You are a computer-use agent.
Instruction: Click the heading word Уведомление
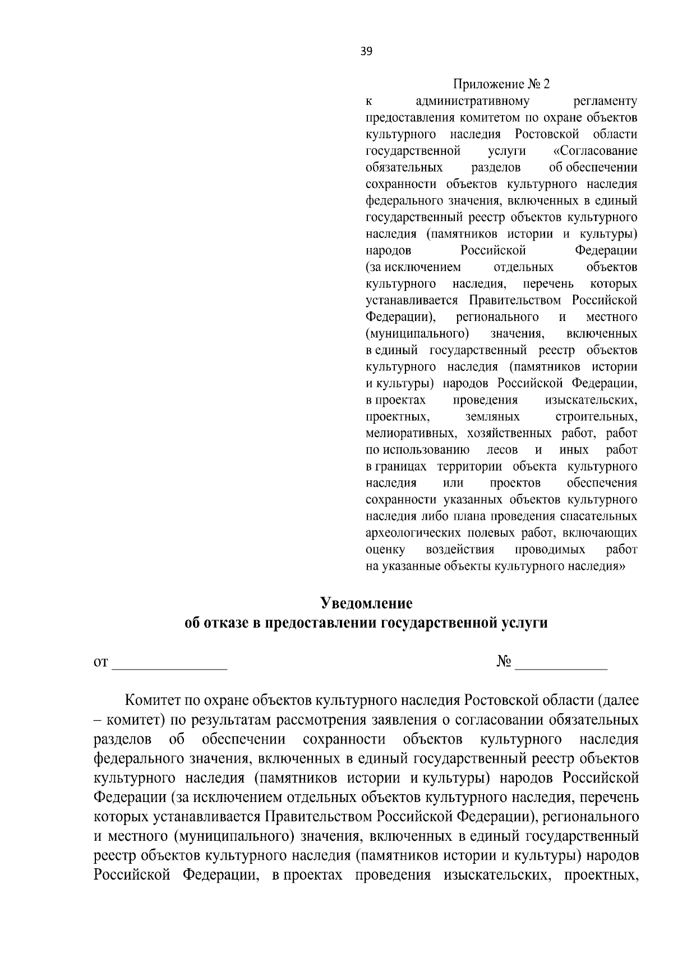(x=366, y=603)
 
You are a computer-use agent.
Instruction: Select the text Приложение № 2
(x=501, y=85)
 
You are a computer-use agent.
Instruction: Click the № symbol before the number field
(x=503, y=662)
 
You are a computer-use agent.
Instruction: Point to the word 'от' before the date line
(x=100, y=663)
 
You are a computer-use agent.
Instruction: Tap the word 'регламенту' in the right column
(x=606, y=102)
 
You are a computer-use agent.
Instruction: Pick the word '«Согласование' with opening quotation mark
(x=595, y=151)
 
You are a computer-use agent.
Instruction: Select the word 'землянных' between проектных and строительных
(x=492, y=417)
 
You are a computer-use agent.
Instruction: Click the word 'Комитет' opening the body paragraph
(x=150, y=702)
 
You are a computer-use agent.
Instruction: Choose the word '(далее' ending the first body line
(x=618, y=702)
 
